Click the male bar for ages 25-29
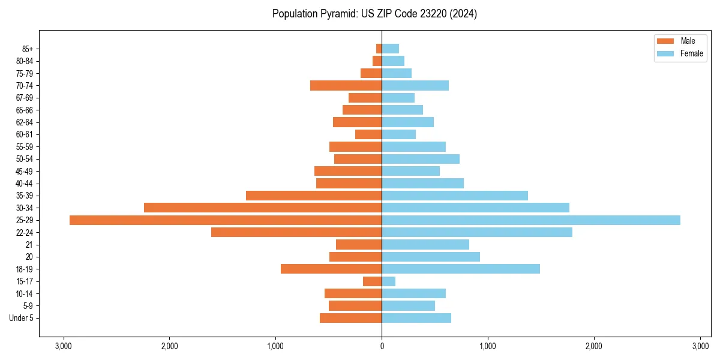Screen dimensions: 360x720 pyautogui.click(x=226, y=220)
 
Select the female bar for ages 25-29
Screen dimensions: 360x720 pyautogui.click(x=531, y=220)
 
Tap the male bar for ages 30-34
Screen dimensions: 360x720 pyautogui.click(x=263, y=208)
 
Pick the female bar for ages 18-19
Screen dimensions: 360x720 pyautogui.click(x=461, y=269)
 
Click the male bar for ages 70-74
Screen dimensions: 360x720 pyautogui.click(x=346, y=86)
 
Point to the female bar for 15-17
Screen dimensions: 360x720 pyautogui.click(x=389, y=281)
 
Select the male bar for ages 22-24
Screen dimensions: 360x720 pyautogui.click(x=296, y=232)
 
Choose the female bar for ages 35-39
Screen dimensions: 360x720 pyautogui.click(x=455, y=196)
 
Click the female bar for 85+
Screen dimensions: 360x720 pyautogui.click(x=391, y=49)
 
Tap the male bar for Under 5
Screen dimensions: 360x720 pyautogui.click(x=350, y=318)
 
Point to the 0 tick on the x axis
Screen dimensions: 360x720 pyautogui.click(x=382, y=346)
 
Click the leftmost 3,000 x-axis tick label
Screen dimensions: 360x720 pyautogui.click(x=63, y=346)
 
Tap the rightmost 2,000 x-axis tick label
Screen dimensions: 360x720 pyautogui.click(x=594, y=346)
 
